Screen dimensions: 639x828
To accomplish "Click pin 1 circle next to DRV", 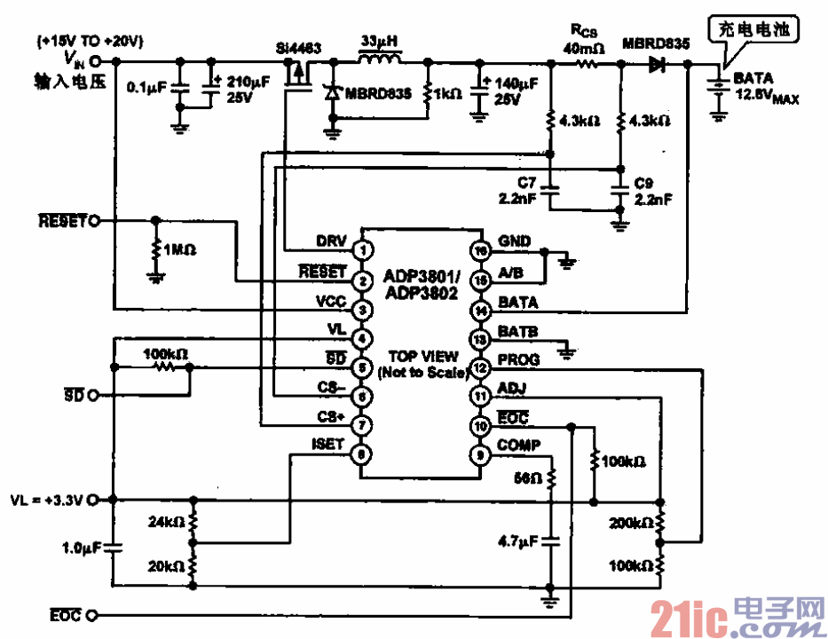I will tap(362, 251).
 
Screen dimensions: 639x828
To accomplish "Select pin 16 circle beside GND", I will tap(480, 251).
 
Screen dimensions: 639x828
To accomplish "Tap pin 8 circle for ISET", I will tap(362, 455).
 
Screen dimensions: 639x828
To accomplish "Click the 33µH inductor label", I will tap(379, 42).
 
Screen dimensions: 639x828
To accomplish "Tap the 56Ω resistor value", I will tap(528, 478).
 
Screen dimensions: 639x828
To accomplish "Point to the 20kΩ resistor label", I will tap(166, 565).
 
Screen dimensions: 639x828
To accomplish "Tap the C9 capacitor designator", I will tap(644, 182).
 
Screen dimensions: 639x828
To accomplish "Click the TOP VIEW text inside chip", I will tap(420, 357).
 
